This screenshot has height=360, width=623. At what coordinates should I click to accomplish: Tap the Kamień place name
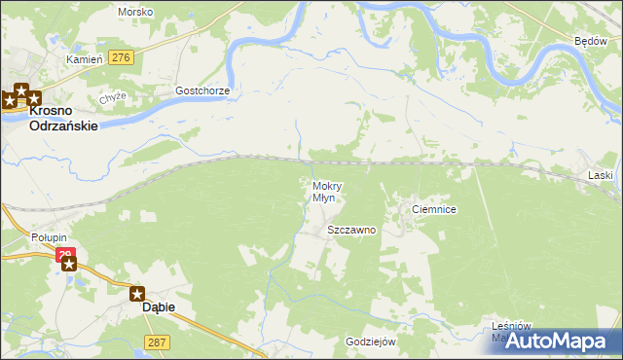pos(84,59)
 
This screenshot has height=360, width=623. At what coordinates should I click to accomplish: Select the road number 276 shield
pos(121,58)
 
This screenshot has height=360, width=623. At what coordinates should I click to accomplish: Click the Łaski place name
pos(601,175)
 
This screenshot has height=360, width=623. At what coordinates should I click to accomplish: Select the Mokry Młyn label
pos(324,192)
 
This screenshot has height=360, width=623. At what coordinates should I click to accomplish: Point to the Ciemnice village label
pos(434,209)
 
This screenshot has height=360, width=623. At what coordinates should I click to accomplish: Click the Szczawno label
pos(351,231)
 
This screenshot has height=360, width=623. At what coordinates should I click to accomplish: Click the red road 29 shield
pos(65,255)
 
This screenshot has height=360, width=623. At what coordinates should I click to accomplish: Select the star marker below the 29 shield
pos(68,264)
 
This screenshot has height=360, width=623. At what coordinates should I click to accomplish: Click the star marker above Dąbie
pos(137,293)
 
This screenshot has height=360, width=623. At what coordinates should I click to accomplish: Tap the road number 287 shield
pos(157,342)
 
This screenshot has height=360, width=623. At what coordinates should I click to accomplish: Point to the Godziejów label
pos(370,342)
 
